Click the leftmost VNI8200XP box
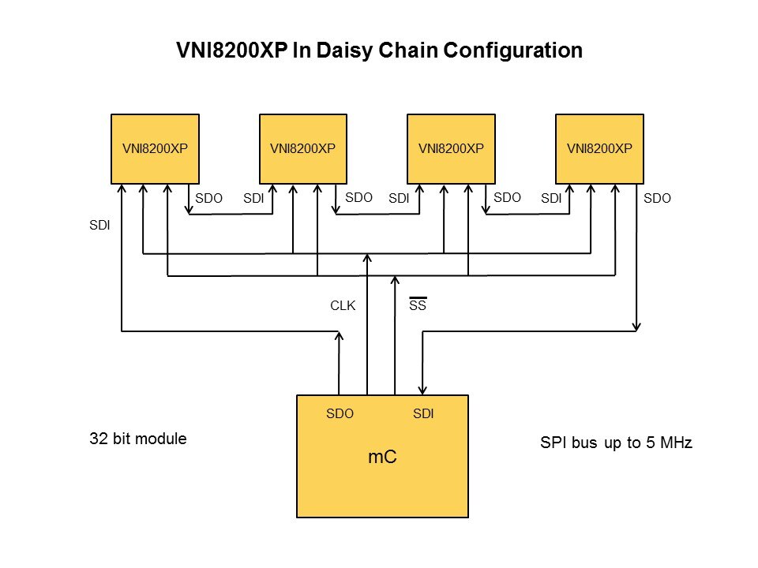click(155, 148)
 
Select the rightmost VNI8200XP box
click(599, 148)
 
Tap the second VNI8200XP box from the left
click(302, 148)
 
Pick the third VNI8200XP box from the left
click(451, 148)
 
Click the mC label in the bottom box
click(382, 457)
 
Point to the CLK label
click(343, 305)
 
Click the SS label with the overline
click(418, 305)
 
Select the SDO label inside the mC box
click(340, 413)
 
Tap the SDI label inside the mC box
click(423, 413)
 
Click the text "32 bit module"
click(138, 439)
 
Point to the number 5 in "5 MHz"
click(649, 443)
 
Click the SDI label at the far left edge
click(99, 226)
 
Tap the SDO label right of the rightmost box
click(657, 199)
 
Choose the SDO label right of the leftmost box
click(208, 199)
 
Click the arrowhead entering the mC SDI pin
click(424, 389)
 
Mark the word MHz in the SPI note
click(674, 443)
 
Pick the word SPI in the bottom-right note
click(553, 443)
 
